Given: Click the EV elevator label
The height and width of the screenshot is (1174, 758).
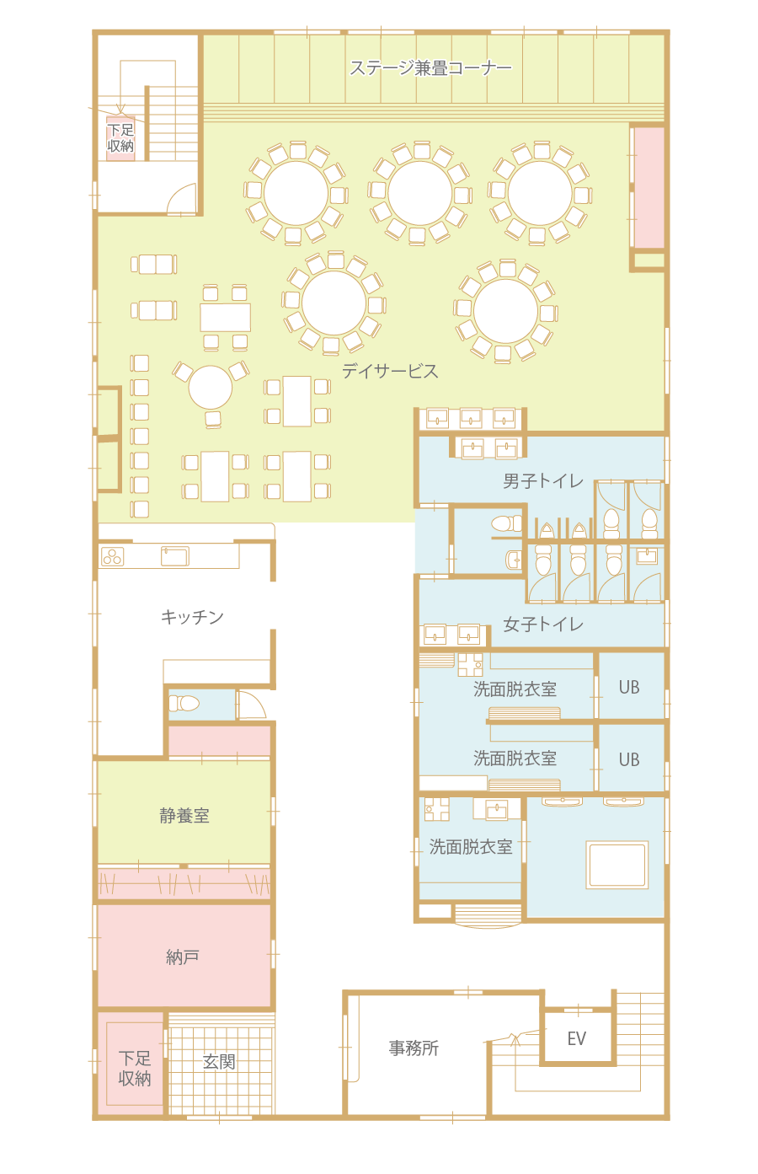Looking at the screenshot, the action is (576, 1038).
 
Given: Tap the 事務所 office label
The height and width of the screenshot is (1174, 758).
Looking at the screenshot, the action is (414, 1048).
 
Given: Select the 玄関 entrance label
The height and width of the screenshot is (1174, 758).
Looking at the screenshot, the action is (219, 1061).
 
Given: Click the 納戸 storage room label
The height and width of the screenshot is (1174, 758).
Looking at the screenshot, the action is (182, 957).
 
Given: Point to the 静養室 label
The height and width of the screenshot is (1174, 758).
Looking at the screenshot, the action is (184, 816).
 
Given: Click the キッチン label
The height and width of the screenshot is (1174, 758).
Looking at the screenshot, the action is (192, 617).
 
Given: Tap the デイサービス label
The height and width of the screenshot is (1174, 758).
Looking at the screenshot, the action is (390, 371).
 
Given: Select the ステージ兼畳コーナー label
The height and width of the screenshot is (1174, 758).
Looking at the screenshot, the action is (430, 68).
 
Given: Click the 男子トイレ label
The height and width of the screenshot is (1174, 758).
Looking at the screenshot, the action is (543, 481).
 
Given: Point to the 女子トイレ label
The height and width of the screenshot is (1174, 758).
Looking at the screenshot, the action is (543, 625).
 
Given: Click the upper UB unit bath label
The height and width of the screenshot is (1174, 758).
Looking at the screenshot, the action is (629, 687).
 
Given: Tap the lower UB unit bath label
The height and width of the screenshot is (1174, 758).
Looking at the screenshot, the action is (629, 759).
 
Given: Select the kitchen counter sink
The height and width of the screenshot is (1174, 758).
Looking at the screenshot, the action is (175, 556).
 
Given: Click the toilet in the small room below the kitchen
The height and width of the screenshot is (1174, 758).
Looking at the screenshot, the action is (184, 703).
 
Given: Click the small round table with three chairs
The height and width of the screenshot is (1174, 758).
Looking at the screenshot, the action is (210, 388).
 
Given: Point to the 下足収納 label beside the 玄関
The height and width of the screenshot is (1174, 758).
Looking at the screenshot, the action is (135, 1068).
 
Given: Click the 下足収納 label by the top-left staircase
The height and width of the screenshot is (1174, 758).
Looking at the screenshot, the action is (120, 138).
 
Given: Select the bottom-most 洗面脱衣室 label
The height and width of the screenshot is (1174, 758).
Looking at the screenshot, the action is (471, 847).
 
